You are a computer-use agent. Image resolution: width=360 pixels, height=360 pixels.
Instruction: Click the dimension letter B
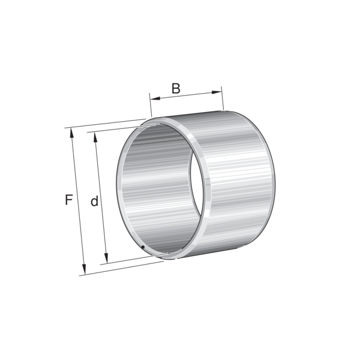(x=176, y=88)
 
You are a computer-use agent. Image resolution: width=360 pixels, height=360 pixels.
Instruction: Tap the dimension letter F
(x=69, y=200)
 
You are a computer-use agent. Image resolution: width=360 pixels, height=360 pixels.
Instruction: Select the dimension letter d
(x=94, y=201)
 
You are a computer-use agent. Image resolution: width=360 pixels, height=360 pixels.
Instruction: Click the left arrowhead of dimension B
(x=155, y=99)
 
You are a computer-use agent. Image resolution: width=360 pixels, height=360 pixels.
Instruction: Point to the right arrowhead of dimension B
(x=217, y=92)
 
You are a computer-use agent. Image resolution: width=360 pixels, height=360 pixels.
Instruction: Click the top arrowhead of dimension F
(x=72, y=133)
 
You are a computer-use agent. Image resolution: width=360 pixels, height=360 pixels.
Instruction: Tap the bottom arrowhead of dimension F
(x=84, y=269)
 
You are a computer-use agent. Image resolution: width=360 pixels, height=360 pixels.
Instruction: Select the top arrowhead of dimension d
(x=95, y=137)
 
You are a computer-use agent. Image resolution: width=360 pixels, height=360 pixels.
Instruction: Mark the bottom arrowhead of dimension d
(x=106, y=258)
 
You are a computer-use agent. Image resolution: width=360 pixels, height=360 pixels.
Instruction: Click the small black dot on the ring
(x=143, y=247)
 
